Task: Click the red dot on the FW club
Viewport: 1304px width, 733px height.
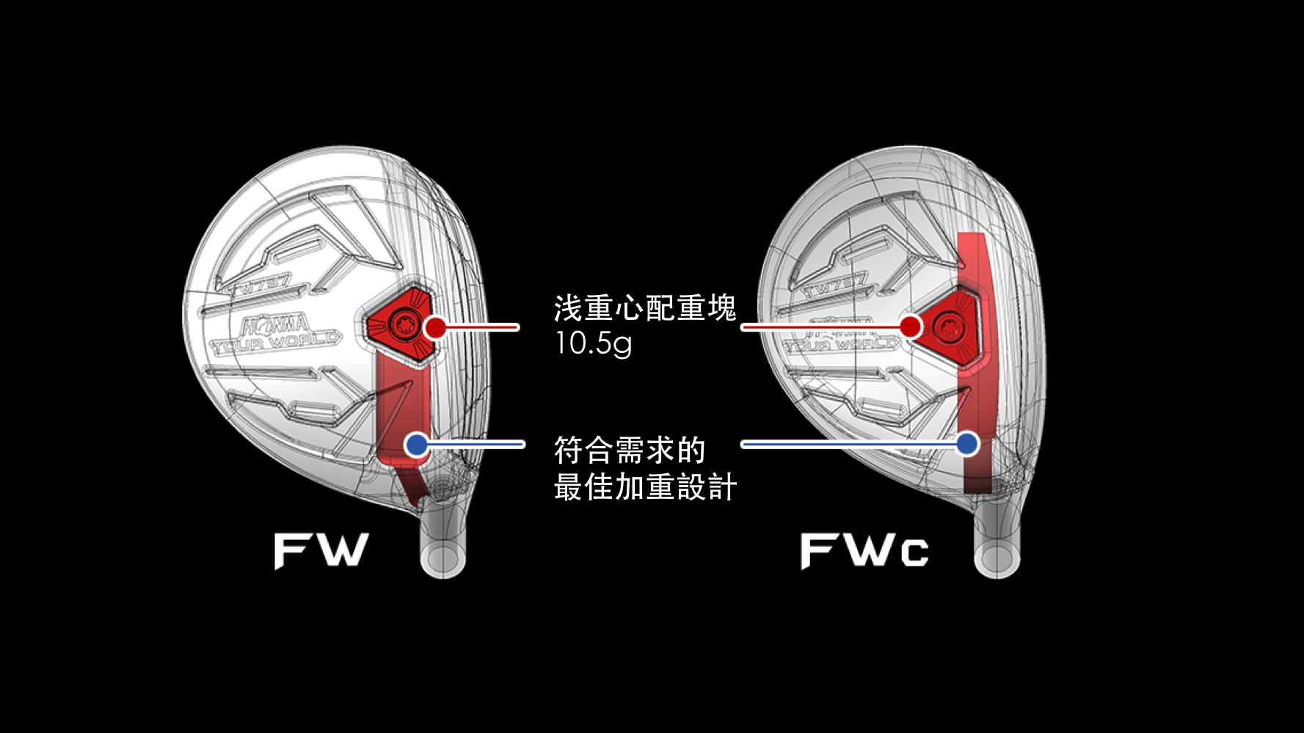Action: point(435,327)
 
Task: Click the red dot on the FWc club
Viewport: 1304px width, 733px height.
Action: point(911,327)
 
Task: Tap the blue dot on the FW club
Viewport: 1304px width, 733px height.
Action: point(416,444)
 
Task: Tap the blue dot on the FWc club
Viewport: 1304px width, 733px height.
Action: point(967,443)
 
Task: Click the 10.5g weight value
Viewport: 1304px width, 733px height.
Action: point(593,343)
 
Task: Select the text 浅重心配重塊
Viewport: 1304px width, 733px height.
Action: point(644,308)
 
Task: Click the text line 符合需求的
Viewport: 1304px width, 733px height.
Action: point(629,450)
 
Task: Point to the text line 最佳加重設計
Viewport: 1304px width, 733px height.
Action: point(644,487)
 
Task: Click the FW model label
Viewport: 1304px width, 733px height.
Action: point(321,550)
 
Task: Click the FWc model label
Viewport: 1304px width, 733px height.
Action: point(864,550)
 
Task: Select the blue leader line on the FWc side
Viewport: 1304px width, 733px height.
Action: point(851,444)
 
